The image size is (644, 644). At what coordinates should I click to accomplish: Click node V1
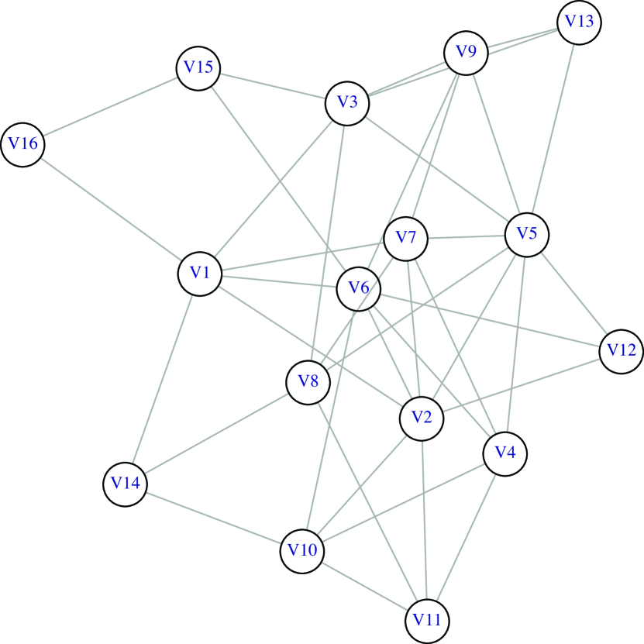(201, 273)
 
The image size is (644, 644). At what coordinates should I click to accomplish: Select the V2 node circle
(422, 418)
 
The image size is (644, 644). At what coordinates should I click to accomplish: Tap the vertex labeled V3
(347, 102)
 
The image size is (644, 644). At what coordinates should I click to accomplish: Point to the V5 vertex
(527, 233)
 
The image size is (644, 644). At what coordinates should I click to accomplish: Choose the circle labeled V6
(358, 289)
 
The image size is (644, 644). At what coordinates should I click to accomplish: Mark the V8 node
(308, 382)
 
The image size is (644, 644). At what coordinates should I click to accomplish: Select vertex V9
(466, 53)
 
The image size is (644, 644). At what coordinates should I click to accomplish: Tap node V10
(302, 551)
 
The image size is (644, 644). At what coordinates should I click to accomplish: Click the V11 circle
(427, 621)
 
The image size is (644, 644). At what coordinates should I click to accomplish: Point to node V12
(621, 351)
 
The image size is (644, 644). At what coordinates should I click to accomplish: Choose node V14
(125, 484)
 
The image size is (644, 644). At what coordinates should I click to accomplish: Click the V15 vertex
(198, 67)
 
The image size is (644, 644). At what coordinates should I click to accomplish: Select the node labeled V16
(22, 144)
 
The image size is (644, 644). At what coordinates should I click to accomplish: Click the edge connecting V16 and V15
(110, 106)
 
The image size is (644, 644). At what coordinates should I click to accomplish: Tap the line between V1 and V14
(163, 378)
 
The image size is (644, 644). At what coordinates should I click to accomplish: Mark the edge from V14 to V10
(213, 517)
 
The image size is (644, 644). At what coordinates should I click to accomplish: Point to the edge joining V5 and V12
(573, 292)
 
